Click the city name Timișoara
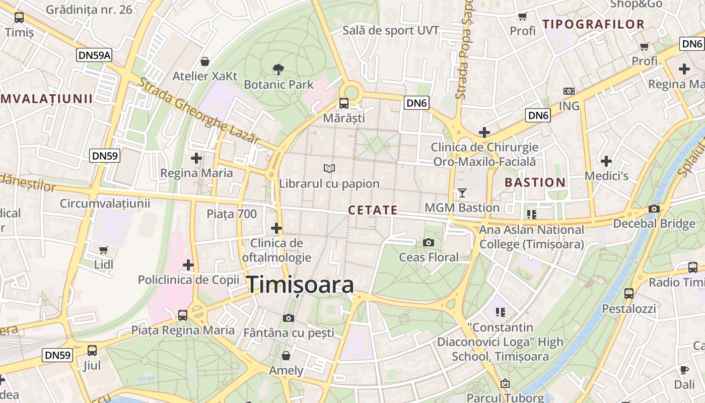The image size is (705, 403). tap(300, 285)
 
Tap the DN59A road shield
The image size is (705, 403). tap(94, 55)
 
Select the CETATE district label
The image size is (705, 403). tap(373, 210)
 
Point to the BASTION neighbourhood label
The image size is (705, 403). tap(535, 182)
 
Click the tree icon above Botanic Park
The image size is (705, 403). tap(278, 70)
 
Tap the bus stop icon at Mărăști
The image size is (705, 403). tap(344, 103)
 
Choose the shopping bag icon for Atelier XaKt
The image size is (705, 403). tap(205, 62)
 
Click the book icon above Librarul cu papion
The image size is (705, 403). tap(329, 168)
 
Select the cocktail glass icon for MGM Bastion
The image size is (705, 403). tap(462, 192)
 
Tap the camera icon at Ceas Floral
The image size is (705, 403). tap(429, 243)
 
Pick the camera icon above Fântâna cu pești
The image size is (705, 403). tap(289, 318)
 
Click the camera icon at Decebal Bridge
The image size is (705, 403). tap(654, 209)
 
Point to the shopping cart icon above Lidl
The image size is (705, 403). tap(104, 250)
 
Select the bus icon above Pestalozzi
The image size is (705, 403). tap(628, 293)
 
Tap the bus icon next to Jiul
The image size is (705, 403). tap(92, 350)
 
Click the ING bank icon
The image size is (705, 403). tap(569, 91)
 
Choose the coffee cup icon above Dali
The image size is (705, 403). tap(684, 370)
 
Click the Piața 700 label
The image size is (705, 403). tap(232, 214)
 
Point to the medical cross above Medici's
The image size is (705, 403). tap(606, 161)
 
